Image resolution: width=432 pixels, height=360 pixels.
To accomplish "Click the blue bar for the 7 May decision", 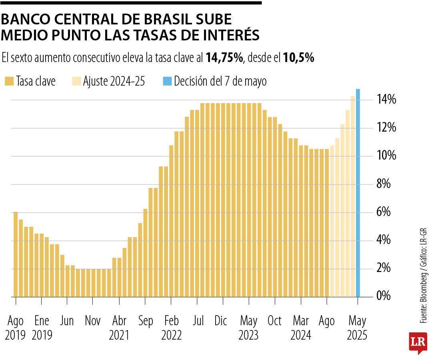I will (358, 192).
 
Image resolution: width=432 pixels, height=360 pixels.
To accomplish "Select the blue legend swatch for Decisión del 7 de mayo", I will (167, 81).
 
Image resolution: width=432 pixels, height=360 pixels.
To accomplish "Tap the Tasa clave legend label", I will (36, 81).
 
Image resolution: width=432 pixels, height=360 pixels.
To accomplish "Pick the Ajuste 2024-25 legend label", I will (114, 81).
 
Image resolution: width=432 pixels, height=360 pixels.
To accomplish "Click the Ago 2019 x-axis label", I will (16, 328).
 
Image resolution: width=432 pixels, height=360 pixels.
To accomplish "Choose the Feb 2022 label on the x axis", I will (171, 328).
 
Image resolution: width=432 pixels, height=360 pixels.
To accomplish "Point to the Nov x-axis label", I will (93, 321).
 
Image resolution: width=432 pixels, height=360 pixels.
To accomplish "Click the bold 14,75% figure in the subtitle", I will (224, 58).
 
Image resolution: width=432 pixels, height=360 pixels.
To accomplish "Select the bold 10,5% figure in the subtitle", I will (298, 58).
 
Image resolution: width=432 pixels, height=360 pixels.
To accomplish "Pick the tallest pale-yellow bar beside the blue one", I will (353, 196).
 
